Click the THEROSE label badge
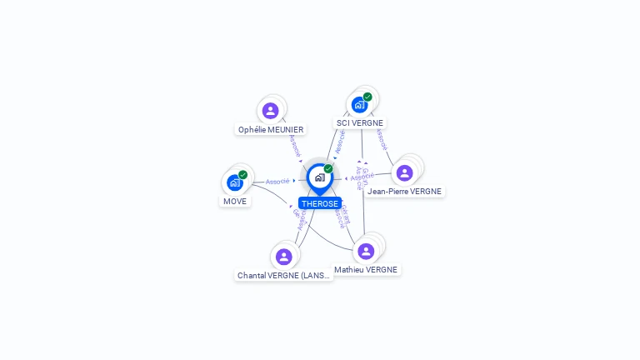320,204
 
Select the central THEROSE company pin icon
319,177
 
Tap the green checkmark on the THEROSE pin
328,169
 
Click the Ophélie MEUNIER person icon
270,111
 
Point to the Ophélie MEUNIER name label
271,129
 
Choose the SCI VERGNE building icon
359,105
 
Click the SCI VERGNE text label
360,122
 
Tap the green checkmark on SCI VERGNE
367,97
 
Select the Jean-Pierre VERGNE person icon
405,172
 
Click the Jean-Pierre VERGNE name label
406,191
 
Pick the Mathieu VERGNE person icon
366,251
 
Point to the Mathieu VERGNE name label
366,269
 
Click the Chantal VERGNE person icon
284,257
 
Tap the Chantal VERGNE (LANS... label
284,275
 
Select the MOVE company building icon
235,182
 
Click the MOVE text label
236,201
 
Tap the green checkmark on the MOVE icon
242,175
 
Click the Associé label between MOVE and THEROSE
277,181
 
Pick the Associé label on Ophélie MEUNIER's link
294,146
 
